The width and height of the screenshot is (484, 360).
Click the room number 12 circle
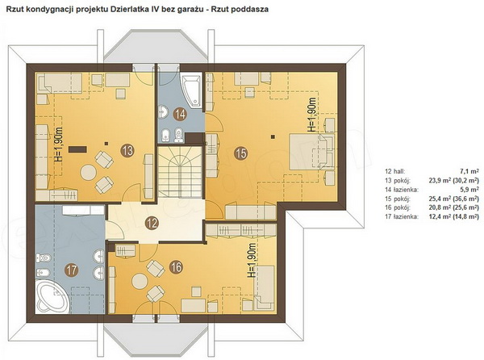[x=152, y=223]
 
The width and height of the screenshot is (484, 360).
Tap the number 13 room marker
[x=127, y=150]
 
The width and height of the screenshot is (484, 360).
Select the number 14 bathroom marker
[x=180, y=115]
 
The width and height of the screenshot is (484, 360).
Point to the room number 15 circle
[x=241, y=153]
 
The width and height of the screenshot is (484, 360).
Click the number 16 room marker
[x=176, y=267]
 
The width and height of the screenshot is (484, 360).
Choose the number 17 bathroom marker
[x=72, y=270]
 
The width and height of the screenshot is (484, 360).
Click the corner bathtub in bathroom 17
[x=52, y=296]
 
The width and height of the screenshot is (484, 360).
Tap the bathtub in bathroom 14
[x=192, y=90]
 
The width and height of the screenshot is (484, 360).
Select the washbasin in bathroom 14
[x=163, y=111]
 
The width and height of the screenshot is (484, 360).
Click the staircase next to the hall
[x=180, y=172]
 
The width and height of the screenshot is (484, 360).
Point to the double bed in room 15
[x=311, y=151]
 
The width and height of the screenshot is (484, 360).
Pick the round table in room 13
[x=88, y=173]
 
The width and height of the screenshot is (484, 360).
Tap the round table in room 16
[x=140, y=281]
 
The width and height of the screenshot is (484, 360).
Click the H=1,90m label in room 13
[x=58, y=144]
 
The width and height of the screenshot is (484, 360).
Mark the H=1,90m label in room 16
[x=252, y=260]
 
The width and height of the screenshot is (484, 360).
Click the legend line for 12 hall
[x=432, y=171]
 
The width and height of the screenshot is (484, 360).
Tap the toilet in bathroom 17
[x=44, y=257]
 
